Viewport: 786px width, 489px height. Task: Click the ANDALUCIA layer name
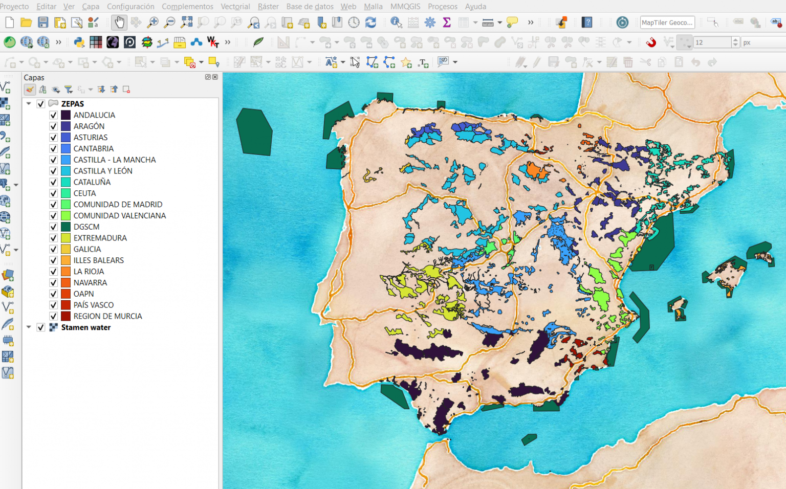[x=94, y=115]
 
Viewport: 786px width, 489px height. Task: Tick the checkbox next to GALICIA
[x=53, y=249]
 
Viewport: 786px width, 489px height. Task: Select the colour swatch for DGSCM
[x=65, y=227]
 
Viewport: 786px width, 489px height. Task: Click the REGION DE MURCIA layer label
[x=107, y=316]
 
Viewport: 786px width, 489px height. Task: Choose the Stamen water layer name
[x=85, y=327]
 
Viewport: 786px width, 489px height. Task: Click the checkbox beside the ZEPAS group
[x=41, y=104]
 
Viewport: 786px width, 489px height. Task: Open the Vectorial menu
[x=235, y=6]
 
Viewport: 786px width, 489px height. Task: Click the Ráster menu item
[x=268, y=6]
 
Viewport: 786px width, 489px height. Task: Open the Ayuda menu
[x=475, y=6]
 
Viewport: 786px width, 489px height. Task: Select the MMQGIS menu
[x=405, y=6]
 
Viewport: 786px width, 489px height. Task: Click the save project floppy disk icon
[x=43, y=23]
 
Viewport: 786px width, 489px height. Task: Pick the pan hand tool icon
[x=119, y=23]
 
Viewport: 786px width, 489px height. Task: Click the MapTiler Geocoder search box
[x=667, y=23]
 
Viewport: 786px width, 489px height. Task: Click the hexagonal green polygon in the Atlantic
[x=254, y=132]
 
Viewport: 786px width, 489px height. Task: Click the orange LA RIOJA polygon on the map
[x=534, y=170]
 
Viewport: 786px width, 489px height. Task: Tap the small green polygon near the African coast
[x=529, y=439]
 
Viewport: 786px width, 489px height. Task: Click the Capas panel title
[x=34, y=78]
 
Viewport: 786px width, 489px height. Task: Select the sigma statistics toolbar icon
[x=446, y=23]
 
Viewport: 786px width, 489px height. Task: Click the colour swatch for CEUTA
[x=65, y=193]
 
